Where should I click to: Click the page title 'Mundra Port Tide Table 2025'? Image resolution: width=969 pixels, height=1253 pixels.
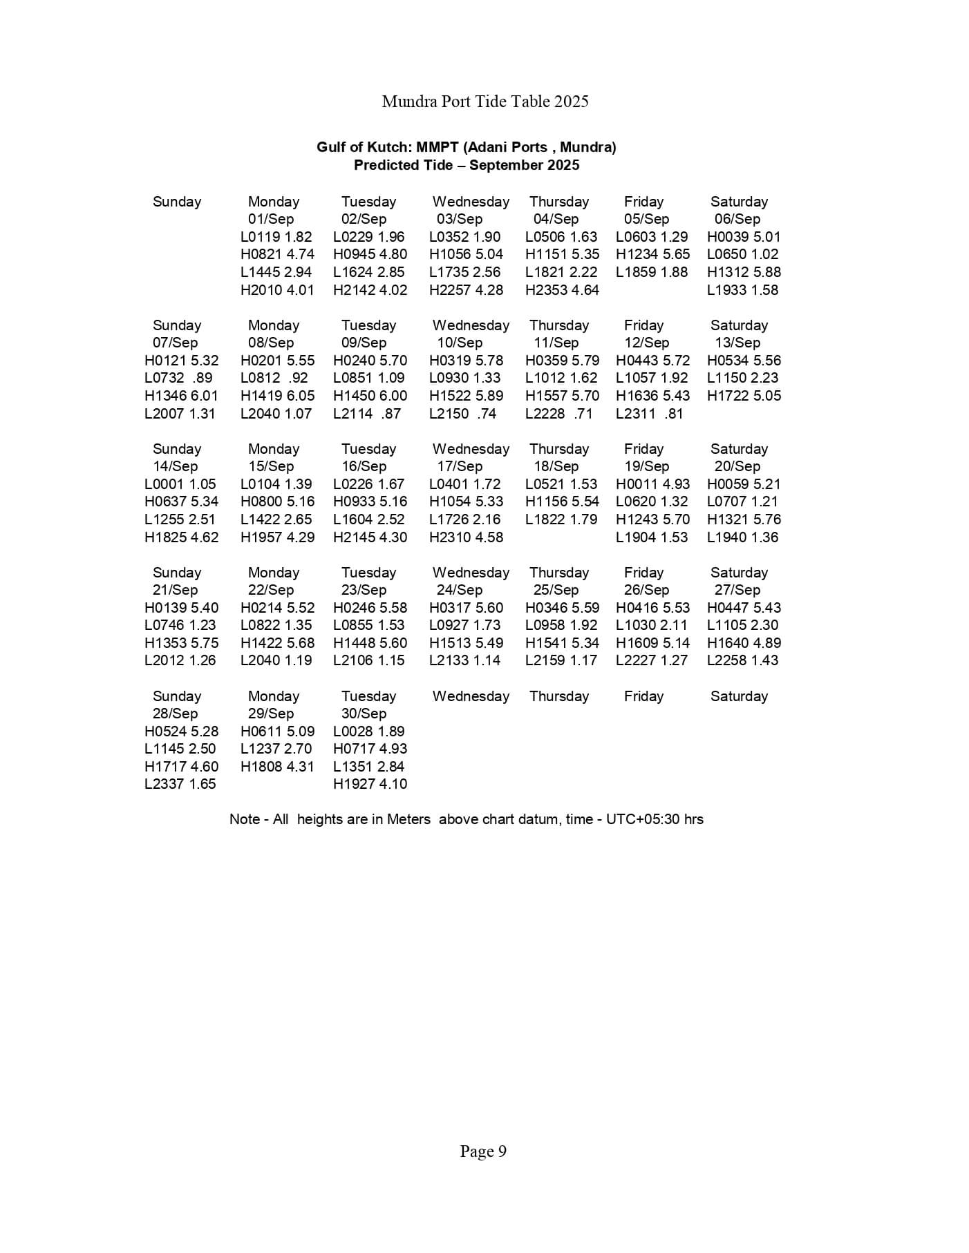click(x=484, y=102)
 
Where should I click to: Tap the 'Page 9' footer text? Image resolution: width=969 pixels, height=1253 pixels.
click(x=483, y=1151)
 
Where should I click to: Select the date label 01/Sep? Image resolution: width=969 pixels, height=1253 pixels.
click(x=271, y=219)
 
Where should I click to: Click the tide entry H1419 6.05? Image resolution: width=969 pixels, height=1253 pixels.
click(x=277, y=396)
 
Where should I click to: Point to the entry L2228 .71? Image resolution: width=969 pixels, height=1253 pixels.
click(x=558, y=414)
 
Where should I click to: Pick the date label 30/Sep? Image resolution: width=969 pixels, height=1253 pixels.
click(x=364, y=714)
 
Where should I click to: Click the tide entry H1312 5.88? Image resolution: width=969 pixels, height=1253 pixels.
click(x=744, y=272)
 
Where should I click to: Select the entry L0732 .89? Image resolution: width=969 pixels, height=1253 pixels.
click(x=178, y=378)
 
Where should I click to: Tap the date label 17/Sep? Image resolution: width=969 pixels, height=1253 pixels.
click(x=460, y=466)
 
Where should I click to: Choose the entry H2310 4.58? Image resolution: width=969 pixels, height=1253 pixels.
click(x=466, y=537)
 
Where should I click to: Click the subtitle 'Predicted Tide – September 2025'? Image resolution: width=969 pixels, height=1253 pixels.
click(x=467, y=165)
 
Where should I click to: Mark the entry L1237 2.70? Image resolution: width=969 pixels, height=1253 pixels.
click(x=276, y=749)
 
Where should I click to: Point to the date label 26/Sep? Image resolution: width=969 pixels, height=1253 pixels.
click(x=646, y=590)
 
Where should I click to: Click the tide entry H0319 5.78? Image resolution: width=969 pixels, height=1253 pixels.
click(x=466, y=361)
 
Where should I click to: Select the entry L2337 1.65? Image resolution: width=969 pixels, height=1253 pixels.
click(x=180, y=784)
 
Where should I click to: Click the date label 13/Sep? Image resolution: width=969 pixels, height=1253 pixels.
click(x=737, y=343)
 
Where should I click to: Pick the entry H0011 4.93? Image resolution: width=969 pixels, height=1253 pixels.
click(x=652, y=484)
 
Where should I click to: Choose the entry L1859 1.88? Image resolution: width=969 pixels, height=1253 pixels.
click(x=652, y=272)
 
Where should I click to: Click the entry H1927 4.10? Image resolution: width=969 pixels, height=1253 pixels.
click(x=370, y=784)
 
